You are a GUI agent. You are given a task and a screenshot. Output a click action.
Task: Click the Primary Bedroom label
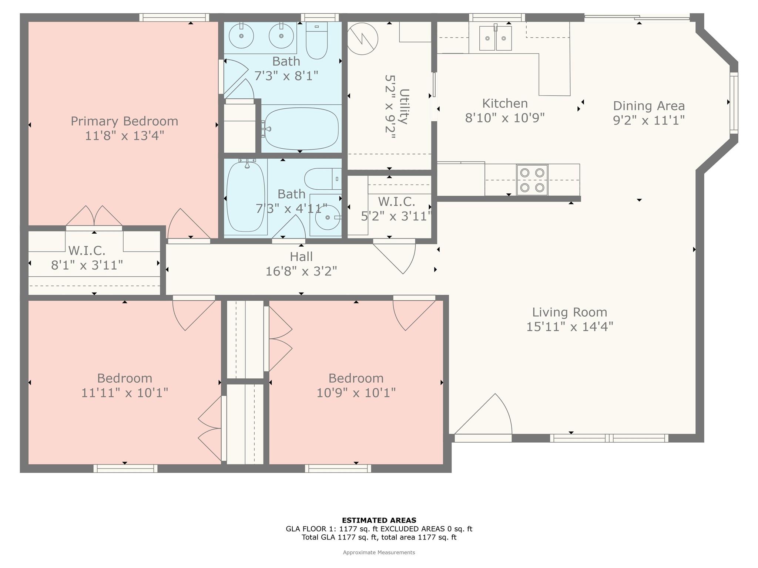click(x=124, y=121)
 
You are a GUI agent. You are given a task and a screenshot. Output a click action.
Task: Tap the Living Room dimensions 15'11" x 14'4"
click(x=570, y=327)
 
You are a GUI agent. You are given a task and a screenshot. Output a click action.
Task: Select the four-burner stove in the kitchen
click(x=532, y=180)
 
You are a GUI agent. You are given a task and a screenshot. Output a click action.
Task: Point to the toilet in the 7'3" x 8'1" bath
click(x=317, y=40)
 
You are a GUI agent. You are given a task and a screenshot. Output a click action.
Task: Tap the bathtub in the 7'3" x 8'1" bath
click(x=301, y=129)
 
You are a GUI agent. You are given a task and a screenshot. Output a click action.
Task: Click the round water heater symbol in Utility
click(x=362, y=39)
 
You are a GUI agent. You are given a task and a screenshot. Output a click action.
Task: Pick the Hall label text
click(x=301, y=257)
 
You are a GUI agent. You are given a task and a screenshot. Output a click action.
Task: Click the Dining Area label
click(x=649, y=106)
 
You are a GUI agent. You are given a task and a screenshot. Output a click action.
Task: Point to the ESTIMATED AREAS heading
click(x=379, y=520)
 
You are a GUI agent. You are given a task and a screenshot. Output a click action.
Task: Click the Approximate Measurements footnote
click(x=379, y=552)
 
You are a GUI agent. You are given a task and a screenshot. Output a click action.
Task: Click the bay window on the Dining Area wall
click(x=734, y=103)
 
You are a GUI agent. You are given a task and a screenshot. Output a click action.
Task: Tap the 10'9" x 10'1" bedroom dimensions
click(x=356, y=393)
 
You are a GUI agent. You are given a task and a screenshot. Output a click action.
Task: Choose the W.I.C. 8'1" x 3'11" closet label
click(x=87, y=258)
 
